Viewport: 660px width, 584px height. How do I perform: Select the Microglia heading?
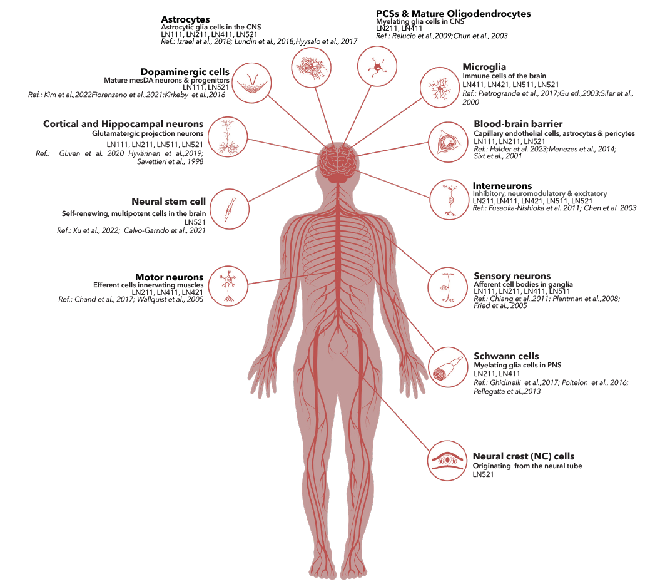(484, 67)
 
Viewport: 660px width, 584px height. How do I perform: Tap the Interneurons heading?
(502, 186)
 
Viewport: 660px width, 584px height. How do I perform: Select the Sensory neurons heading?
(512, 276)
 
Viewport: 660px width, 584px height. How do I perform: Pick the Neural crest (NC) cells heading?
(523, 456)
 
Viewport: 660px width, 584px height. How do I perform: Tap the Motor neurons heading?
(169, 277)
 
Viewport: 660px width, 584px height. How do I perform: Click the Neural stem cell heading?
(168, 202)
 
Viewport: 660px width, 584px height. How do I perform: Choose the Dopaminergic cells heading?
(176, 72)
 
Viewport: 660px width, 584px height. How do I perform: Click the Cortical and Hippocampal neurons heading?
(123, 124)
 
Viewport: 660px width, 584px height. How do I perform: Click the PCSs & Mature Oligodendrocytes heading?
(453, 13)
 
